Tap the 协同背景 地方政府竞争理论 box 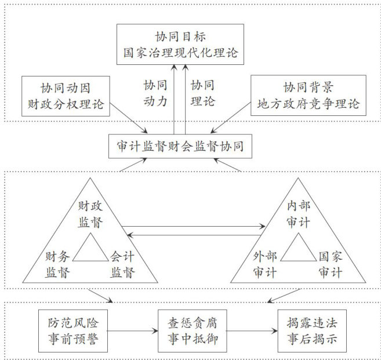pyautogui.click(x=307, y=96)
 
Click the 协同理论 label pyautogui.click(x=202, y=93)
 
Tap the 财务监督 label pyautogui.click(x=59, y=264)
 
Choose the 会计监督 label pyautogui.click(x=123, y=264)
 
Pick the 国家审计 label pyautogui.click(x=332, y=264)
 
